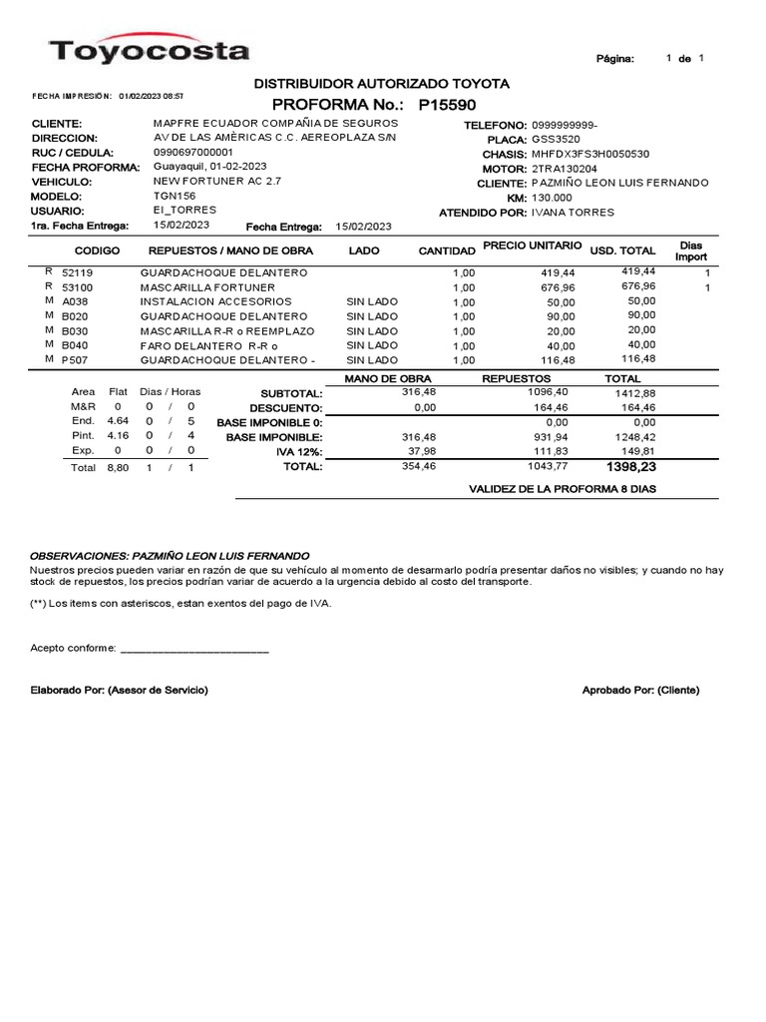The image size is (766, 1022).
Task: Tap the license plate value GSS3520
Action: click(554, 140)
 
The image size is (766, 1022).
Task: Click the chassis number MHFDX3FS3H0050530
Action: click(590, 155)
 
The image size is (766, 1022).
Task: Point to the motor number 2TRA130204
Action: click(565, 169)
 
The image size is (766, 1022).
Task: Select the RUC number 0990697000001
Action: click(193, 152)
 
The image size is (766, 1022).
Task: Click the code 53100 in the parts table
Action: click(77, 286)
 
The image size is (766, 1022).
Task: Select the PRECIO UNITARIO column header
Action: click(532, 246)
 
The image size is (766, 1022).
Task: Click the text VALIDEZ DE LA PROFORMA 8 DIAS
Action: click(563, 489)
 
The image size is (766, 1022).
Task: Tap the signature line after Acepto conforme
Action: click(194, 650)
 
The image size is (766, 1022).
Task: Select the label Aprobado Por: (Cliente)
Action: click(640, 691)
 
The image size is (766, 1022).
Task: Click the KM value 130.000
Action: click(552, 198)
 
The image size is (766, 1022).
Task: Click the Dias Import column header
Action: click(691, 251)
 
